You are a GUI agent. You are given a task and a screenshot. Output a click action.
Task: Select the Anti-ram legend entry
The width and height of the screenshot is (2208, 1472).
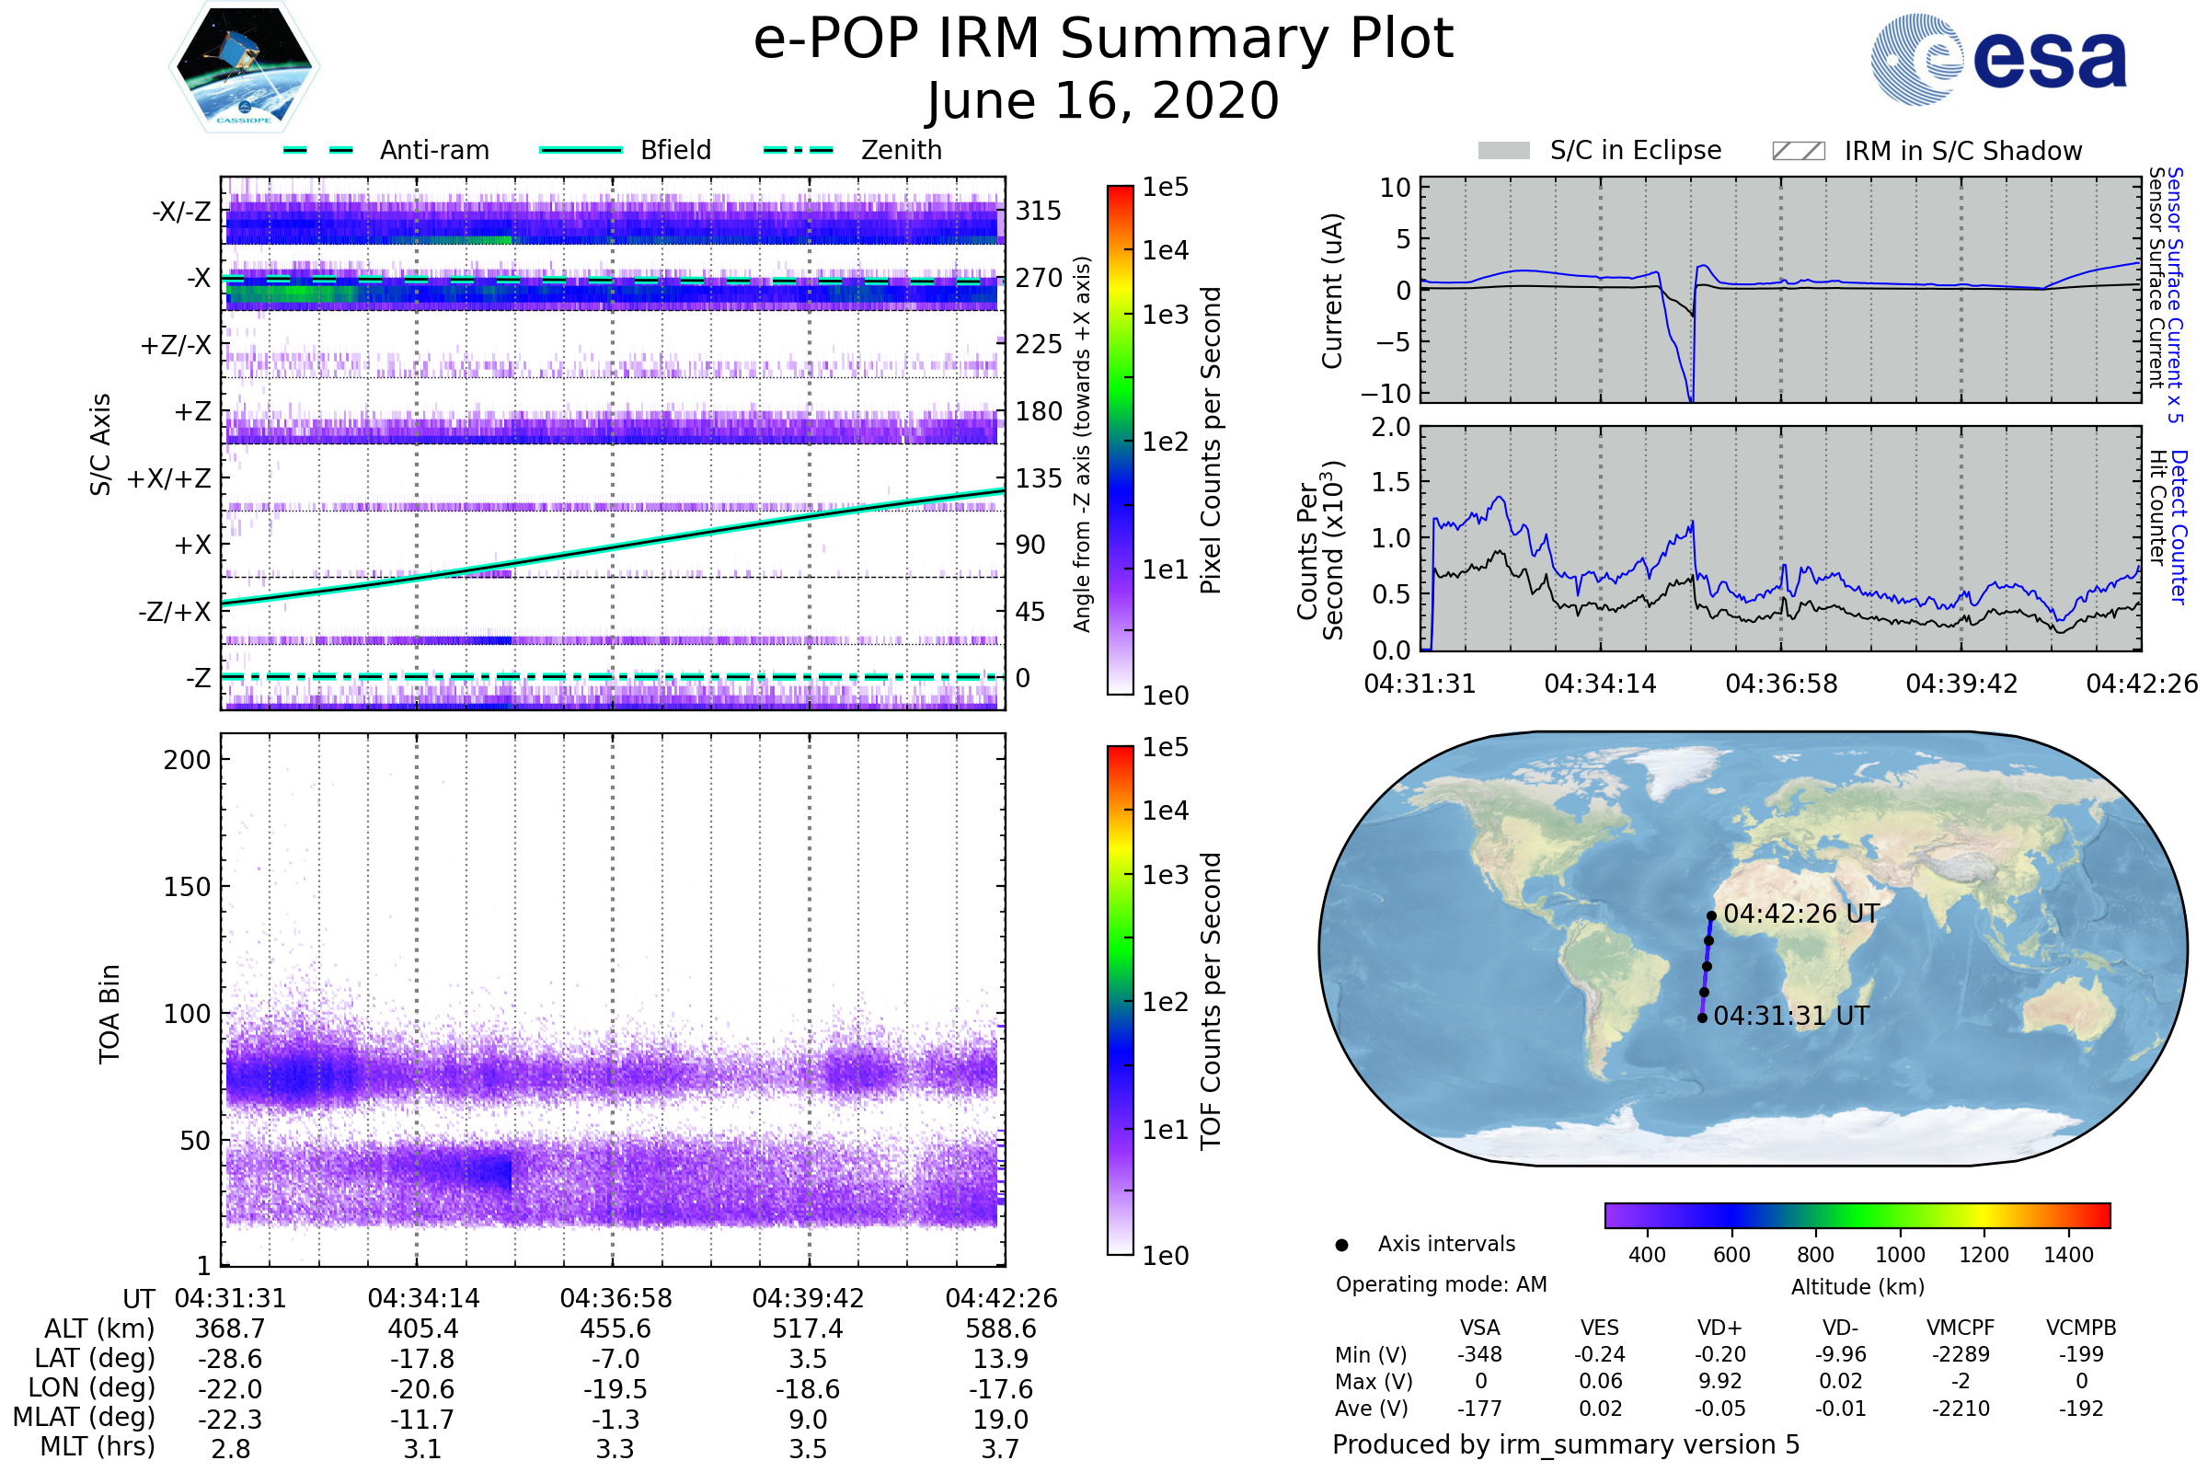point(433,150)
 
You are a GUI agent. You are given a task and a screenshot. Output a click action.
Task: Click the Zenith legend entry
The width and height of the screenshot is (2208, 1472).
point(901,150)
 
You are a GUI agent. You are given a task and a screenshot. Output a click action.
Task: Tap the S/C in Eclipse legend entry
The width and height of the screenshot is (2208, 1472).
point(1635,150)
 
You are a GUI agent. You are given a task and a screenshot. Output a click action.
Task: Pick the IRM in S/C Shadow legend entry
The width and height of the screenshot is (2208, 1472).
point(1962,151)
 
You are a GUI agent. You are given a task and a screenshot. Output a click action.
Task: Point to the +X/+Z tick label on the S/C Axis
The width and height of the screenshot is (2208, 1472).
point(169,478)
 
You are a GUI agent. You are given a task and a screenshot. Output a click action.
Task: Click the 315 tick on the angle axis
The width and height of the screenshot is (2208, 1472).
point(1039,211)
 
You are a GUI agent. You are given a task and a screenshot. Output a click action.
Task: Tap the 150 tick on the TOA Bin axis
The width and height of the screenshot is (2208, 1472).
point(187,887)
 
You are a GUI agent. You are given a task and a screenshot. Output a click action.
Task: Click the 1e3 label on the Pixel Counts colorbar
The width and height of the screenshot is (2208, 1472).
point(1165,315)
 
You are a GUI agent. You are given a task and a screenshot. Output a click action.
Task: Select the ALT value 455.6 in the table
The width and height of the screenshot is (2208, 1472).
point(615,1328)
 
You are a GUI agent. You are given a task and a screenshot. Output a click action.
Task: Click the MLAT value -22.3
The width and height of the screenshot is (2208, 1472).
point(230,1420)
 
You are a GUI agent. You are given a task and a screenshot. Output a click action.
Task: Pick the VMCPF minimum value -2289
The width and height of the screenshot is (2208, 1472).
point(1961,1354)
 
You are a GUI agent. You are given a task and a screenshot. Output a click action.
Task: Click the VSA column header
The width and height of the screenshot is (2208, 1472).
point(1479,1328)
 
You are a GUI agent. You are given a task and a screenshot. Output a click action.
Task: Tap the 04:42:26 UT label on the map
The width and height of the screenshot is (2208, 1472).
point(1800,914)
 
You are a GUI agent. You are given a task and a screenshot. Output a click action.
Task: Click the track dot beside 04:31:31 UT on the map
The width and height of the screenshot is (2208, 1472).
point(1702,1018)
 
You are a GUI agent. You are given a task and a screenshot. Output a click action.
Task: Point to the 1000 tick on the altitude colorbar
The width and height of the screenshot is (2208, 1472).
point(1899,1255)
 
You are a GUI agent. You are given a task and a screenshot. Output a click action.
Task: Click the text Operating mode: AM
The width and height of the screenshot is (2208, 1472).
point(1441,1284)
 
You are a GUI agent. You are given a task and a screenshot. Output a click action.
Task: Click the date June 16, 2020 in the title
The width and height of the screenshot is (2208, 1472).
point(1103,100)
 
